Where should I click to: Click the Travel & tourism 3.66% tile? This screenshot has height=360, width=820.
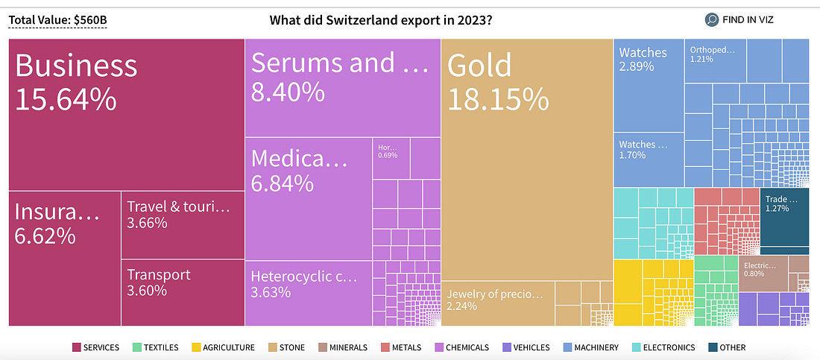(183, 224)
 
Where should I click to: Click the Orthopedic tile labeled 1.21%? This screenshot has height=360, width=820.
(713, 60)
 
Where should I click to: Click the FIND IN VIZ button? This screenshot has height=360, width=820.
(739, 19)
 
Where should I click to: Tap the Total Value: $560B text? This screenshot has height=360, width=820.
(57, 19)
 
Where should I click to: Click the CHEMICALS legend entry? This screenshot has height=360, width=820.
(461, 347)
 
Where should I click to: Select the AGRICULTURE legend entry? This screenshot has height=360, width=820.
(224, 347)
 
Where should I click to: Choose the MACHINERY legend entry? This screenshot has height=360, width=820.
(590, 347)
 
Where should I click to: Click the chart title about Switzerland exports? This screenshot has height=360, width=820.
(380, 19)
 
